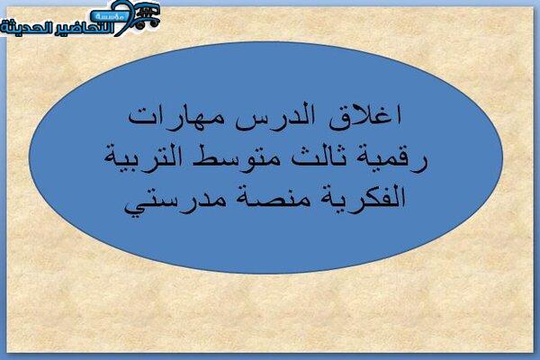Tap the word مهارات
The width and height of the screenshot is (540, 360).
click(x=176, y=118)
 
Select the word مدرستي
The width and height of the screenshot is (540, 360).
click(x=175, y=202)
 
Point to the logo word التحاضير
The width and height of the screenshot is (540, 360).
click(x=84, y=28)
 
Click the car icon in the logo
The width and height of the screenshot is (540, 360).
click(x=148, y=16)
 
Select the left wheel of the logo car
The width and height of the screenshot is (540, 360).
click(x=139, y=25)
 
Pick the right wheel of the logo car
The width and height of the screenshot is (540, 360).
click(x=156, y=23)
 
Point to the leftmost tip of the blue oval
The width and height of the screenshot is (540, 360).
click(x=30, y=157)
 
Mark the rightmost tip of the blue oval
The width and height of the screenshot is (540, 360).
click(x=502, y=157)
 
